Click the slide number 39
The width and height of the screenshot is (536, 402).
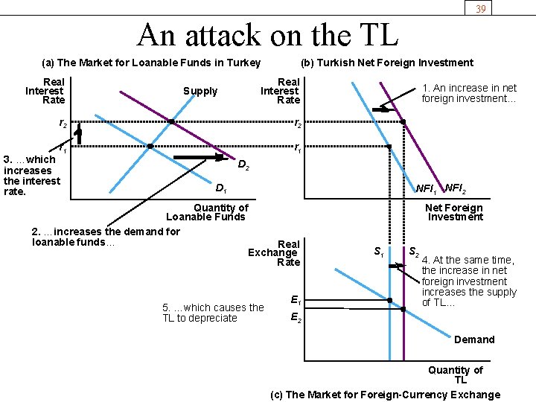tap(480, 8)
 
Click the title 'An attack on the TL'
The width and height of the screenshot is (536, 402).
tap(268, 34)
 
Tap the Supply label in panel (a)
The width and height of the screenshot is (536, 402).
tap(200, 92)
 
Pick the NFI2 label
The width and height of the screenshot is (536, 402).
tap(456, 188)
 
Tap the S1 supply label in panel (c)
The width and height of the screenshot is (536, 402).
tap(379, 252)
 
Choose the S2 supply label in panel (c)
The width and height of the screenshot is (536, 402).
tap(414, 252)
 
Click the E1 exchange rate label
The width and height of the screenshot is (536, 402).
tap(296, 301)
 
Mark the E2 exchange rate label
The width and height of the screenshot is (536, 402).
tap(296, 319)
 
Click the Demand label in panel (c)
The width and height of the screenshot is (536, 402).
tap(474, 339)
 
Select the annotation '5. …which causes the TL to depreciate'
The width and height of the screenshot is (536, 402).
tap(213, 313)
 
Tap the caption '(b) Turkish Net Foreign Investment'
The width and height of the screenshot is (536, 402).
tap(386, 63)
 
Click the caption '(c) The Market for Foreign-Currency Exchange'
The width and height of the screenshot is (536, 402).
tap(386, 395)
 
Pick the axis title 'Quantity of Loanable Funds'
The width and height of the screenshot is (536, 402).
tap(206, 212)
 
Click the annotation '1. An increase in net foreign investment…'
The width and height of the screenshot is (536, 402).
tap(468, 93)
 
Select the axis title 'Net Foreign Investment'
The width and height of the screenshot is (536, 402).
tap(454, 212)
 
